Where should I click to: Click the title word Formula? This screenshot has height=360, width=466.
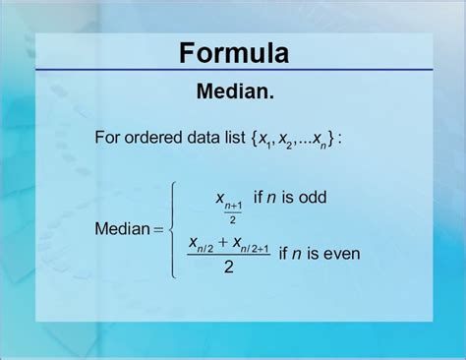pyautogui.click(x=234, y=52)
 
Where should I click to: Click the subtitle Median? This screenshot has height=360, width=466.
pyautogui.click(x=234, y=93)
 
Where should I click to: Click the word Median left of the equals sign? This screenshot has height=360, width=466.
pyautogui.click(x=122, y=229)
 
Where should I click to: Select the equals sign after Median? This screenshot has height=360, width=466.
pyautogui.click(x=157, y=230)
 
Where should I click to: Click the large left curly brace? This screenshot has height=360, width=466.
pyautogui.click(x=173, y=229)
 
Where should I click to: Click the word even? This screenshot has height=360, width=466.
pyautogui.click(x=341, y=253)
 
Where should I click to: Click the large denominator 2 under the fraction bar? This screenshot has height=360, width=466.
pyautogui.click(x=228, y=268)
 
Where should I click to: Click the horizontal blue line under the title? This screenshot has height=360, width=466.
pyautogui.click(x=234, y=71)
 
